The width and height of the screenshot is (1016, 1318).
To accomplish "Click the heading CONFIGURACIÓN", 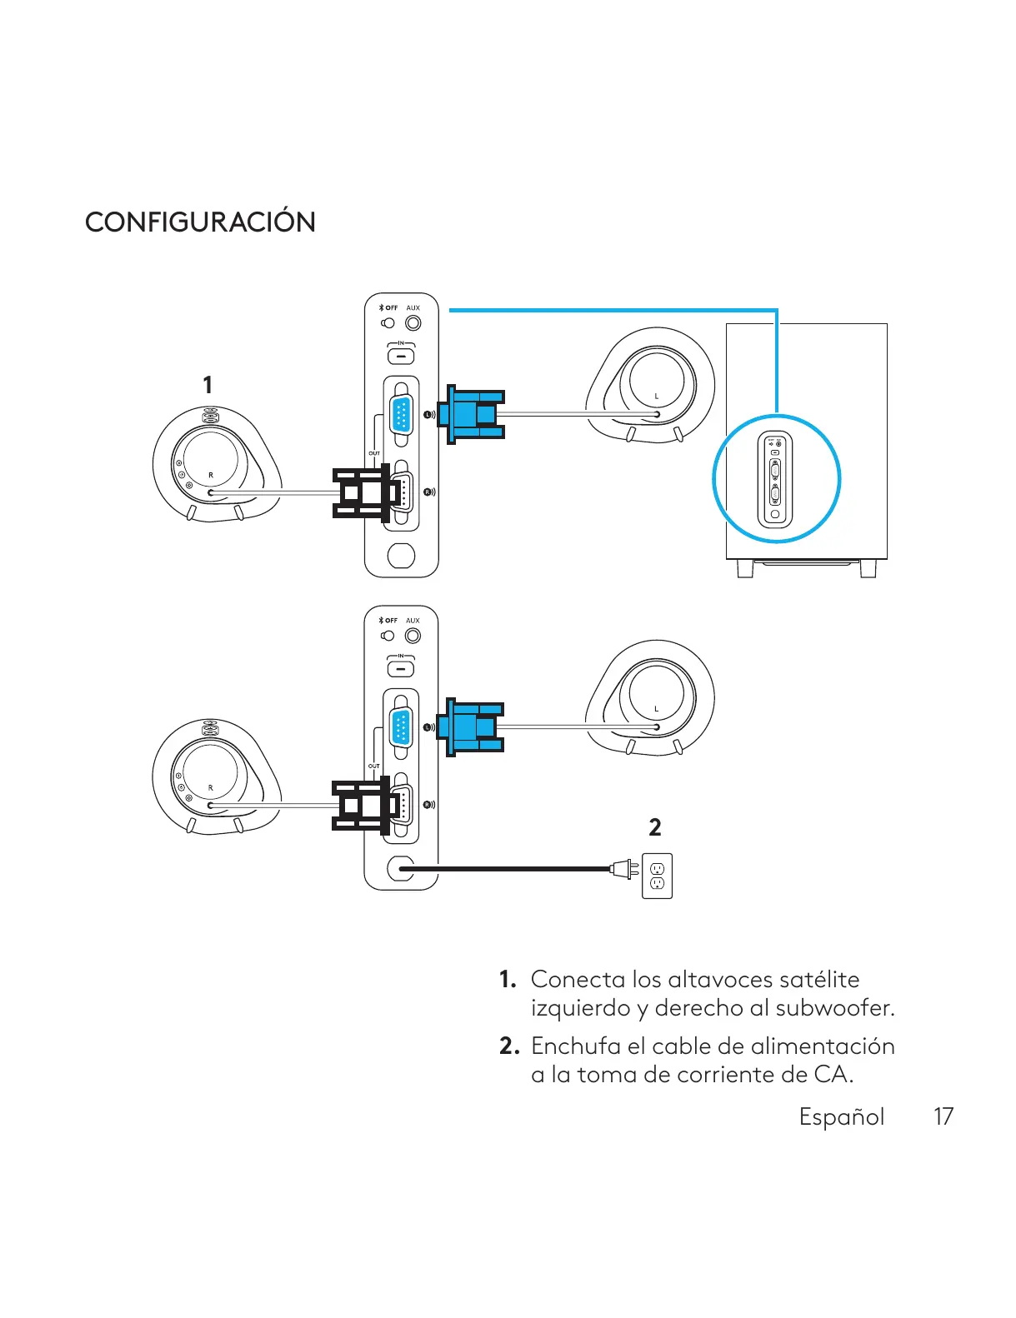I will pos(200,222).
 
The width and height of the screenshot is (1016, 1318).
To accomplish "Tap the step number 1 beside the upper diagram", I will pos(208,385).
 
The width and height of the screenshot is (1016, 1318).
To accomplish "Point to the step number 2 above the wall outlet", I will pos(655,827).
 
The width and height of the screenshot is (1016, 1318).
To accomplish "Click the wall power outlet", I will pos(657,876).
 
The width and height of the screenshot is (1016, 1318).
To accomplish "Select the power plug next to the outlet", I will pos(623,870).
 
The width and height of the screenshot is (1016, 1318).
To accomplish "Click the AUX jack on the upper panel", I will pos(413,323).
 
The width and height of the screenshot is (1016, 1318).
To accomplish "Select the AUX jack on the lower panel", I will pos(413,636).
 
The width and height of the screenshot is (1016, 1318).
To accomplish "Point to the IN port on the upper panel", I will pos(401,356).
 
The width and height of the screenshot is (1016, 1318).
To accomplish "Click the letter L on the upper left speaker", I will pos(656,396).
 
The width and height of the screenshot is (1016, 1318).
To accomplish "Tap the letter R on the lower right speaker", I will pos(210,787).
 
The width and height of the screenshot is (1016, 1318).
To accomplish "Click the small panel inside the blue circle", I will pos(775,481).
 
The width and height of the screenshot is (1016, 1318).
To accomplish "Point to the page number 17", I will pos(943,1116).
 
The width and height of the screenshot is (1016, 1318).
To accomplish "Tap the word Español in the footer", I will pos(841,1116).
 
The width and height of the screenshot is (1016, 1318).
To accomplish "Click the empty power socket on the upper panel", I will pos(401,555).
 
